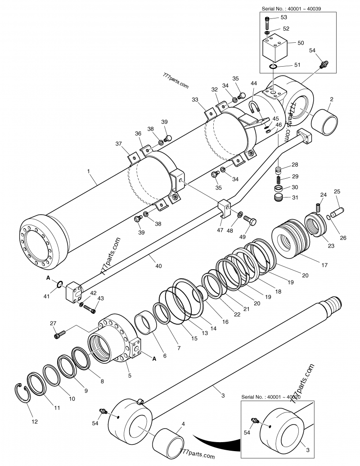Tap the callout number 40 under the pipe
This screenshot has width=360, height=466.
tap(158, 266)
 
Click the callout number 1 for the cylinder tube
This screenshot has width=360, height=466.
tap(89, 172)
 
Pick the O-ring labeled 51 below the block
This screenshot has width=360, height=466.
tap(273, 67)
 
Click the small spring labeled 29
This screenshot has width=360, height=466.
tap(279, 179)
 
